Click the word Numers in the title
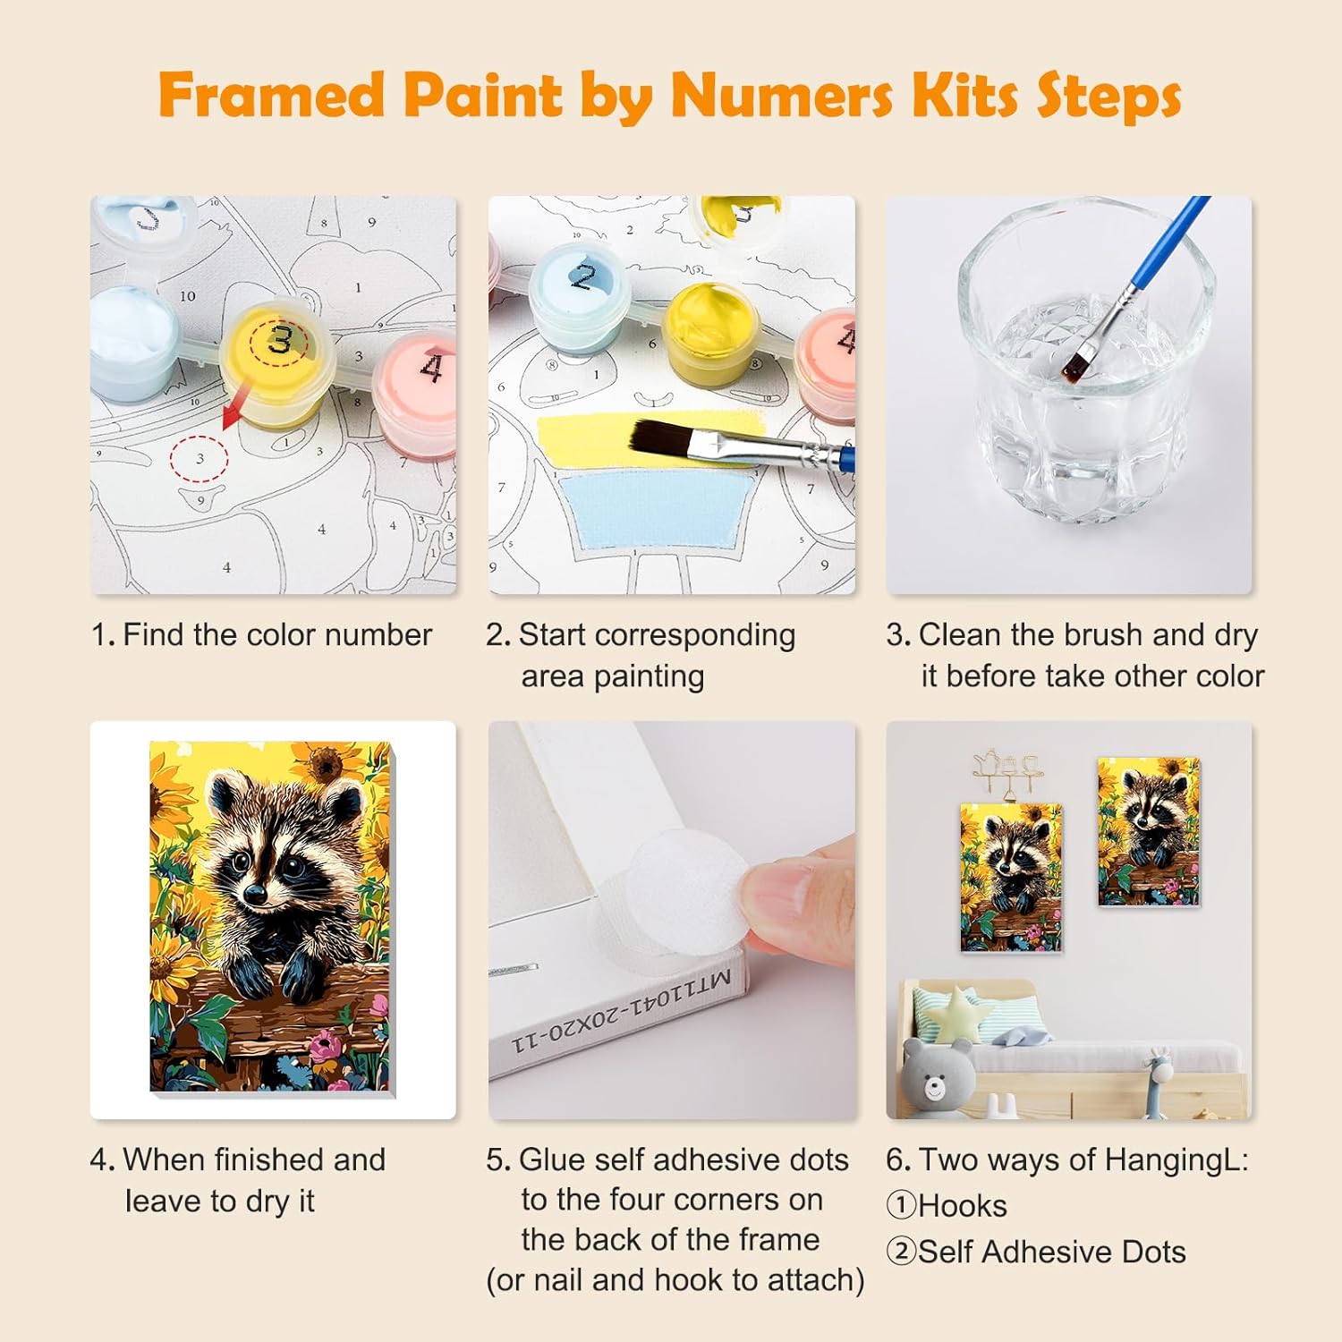[782, 95]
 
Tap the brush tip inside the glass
[1075, 362]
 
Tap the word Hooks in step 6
[962, 1206]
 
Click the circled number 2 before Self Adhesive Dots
[901, 1252]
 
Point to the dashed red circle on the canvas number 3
[199, 458]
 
